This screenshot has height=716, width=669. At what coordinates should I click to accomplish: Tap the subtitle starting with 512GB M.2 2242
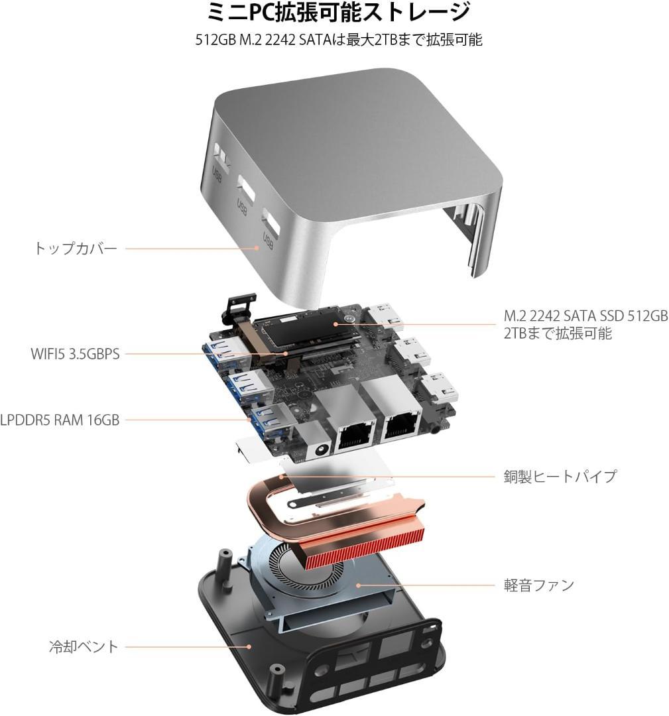click(x=339, y=40)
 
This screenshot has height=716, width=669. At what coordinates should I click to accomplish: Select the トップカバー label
click(x=75, y=249)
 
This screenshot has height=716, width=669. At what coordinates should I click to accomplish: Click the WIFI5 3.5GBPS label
click(x=75, y=353)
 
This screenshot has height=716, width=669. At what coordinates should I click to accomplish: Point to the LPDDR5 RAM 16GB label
click(x=60, y=419)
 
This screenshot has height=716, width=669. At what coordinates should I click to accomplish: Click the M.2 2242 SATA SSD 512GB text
click(x=585, y=316)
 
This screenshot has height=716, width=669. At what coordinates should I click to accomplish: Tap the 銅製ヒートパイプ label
click(x=560, y=476)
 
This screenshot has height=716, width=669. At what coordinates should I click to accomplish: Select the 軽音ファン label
click(x=538, y=585)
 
